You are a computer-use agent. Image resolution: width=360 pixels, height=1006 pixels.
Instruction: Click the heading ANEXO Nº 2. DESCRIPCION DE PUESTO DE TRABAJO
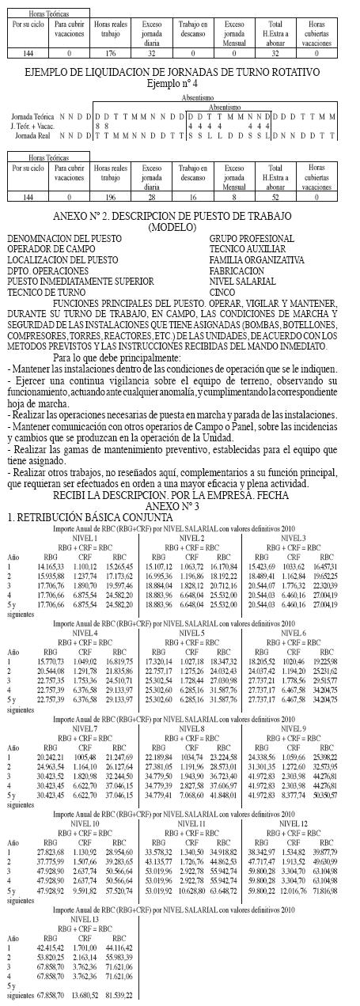click(180, 216)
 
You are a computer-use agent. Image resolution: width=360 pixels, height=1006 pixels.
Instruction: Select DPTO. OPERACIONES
click(49, 270)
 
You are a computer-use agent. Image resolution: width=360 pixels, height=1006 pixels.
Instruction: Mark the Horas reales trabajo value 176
click(106, 52)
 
